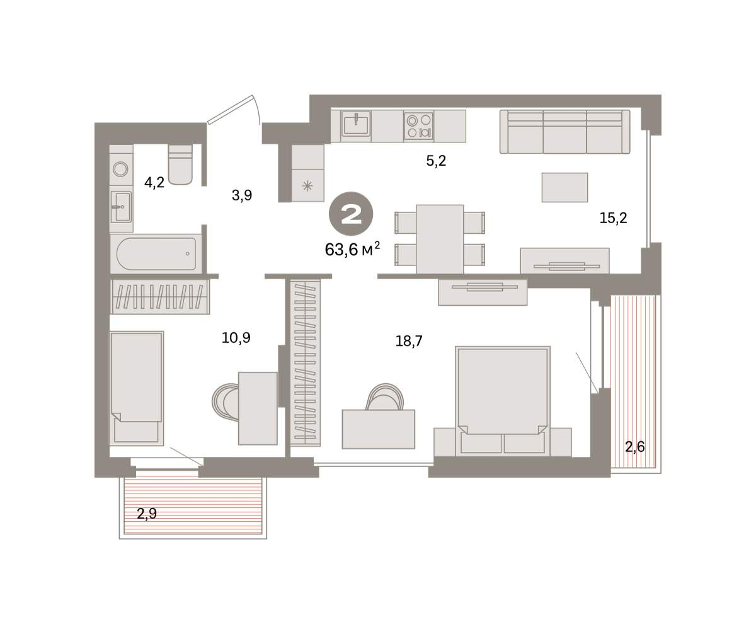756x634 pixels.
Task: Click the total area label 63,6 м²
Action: (352, 250)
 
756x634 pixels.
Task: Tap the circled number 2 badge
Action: (351, 214)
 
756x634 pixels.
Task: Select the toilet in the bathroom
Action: (180, 164)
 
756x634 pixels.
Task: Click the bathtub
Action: (156, 253)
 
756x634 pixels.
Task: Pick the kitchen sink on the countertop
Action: (356, 125)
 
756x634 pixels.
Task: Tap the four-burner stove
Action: (418, 125)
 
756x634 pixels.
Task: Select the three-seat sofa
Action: (565, 132)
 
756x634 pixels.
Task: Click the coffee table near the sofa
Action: (564, 187)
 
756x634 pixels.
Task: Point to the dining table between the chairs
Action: (440, 239)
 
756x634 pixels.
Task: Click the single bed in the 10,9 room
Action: (137, 388)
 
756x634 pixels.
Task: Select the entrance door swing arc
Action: (256, 110)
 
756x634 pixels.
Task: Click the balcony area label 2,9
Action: (147, 513)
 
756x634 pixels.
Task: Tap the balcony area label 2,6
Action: (634, 447)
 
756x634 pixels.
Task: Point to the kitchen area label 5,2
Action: (436, 161)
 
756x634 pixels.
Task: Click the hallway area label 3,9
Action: (242, 195)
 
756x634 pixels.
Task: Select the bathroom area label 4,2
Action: (154, 182)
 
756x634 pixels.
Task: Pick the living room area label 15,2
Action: (614, 218)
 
